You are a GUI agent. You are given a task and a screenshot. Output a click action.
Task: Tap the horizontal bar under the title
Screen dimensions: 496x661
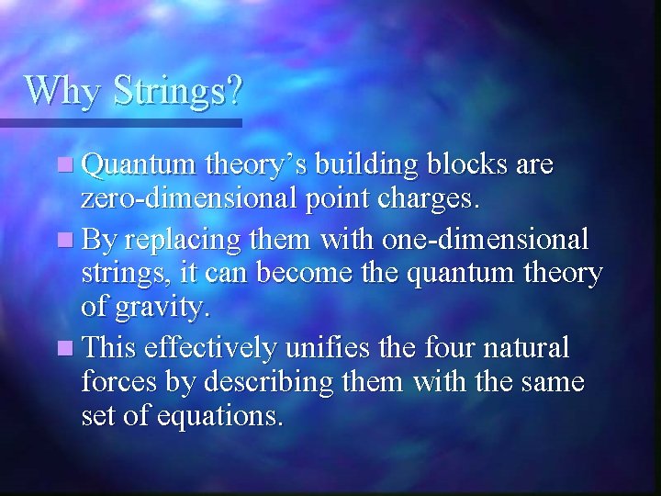click(119, 122)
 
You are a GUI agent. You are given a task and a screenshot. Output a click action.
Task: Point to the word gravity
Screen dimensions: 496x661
click(162, 308)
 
